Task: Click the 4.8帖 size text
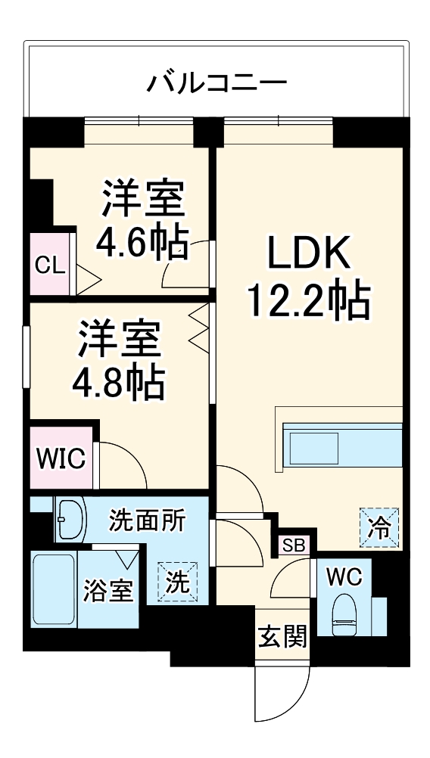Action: click(x=119, y=384)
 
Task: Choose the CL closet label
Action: click(x=50, y=265)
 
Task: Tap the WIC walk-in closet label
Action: click(x=61, y=458)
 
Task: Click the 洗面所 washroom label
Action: click(x=147, y=520)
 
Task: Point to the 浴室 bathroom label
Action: click(x=108, y=592)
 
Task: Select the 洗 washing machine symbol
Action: click(x=176, y=582)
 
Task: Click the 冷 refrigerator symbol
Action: click(x=378, y=526)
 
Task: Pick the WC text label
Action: click(x=344, y=576)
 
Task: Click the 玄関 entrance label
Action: click(x=282, y=637)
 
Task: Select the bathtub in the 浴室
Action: click(x=54, y=589)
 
